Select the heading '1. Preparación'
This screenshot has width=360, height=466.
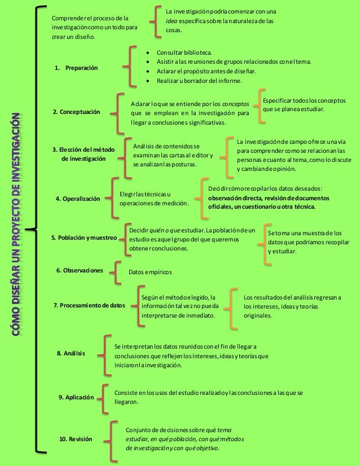pos(76,68)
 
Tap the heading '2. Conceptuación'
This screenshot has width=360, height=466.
pos(76,112)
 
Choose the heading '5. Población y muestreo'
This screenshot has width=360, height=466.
pos(84,238)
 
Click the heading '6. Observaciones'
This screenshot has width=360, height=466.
pos(80,270)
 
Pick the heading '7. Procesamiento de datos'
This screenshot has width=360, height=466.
pos(89,305)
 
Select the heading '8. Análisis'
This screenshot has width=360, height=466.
pos(71,353)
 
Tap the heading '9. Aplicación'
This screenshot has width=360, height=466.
pos(76,397)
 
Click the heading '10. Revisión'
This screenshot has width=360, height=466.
pos(76,438)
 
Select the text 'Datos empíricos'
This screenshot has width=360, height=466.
pos(150,272)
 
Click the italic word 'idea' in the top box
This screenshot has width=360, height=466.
pos(172,21)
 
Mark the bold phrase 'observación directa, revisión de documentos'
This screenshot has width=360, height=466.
pos(270,198)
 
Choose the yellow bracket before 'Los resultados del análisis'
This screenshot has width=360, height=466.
pos(234,306)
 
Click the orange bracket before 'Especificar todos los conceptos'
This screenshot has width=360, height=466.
pos(260,104)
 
